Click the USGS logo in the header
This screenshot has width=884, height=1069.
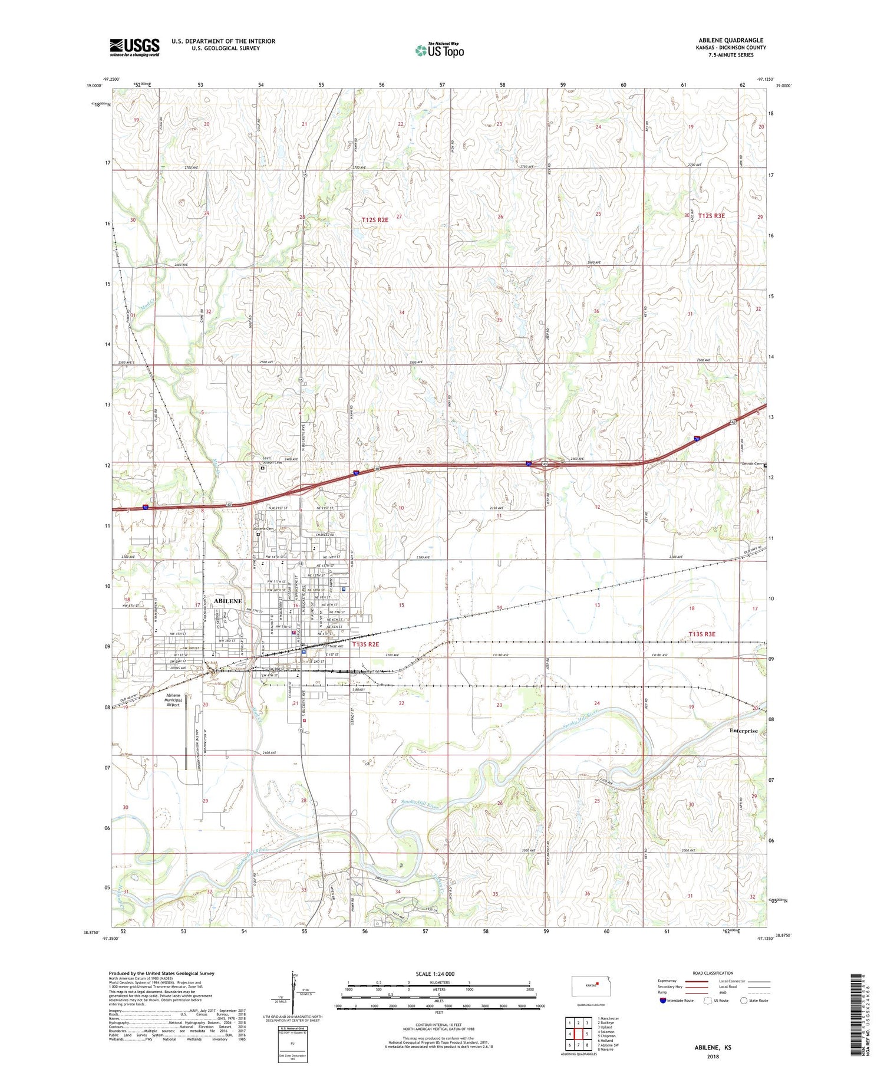coord(134,47)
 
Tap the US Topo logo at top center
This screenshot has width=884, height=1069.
coord(439,51)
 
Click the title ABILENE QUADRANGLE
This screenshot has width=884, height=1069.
coord(731,40)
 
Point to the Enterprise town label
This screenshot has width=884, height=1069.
coord(743,731)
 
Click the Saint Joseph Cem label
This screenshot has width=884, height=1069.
coord(272,461)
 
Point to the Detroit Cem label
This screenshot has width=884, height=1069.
coord(751,463)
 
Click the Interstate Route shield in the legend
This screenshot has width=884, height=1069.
coord(663,1000)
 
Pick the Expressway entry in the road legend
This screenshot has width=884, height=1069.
coord(669,981)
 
